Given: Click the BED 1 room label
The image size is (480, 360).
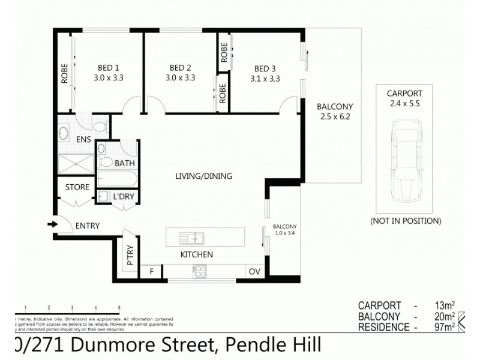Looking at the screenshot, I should click(x=109, y=67).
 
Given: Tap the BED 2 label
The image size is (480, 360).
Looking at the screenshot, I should click(x=181, y=67).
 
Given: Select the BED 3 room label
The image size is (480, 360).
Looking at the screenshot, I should click(x=265, y=68).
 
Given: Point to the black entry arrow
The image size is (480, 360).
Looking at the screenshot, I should click(x=52, y=225).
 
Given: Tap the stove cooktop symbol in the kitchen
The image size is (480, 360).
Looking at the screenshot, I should click(x=199, y=271).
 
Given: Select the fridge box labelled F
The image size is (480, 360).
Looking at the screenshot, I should click(x=152, y=272).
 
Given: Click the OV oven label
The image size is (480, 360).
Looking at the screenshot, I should click(x=254, y=272).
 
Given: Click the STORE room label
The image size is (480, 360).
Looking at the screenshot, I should click(x=77, y=187).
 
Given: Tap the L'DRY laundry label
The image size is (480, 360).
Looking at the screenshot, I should click(x=124, y=197).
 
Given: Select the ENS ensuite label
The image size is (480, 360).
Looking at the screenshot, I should click(x=83, y=139).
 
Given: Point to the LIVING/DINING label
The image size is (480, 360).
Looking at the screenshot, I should click(x=203, y=176).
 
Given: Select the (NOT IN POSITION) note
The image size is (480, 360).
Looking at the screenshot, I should click(x=406, y=221).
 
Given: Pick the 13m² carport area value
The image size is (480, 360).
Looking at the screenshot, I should click(x=445, y=305).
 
